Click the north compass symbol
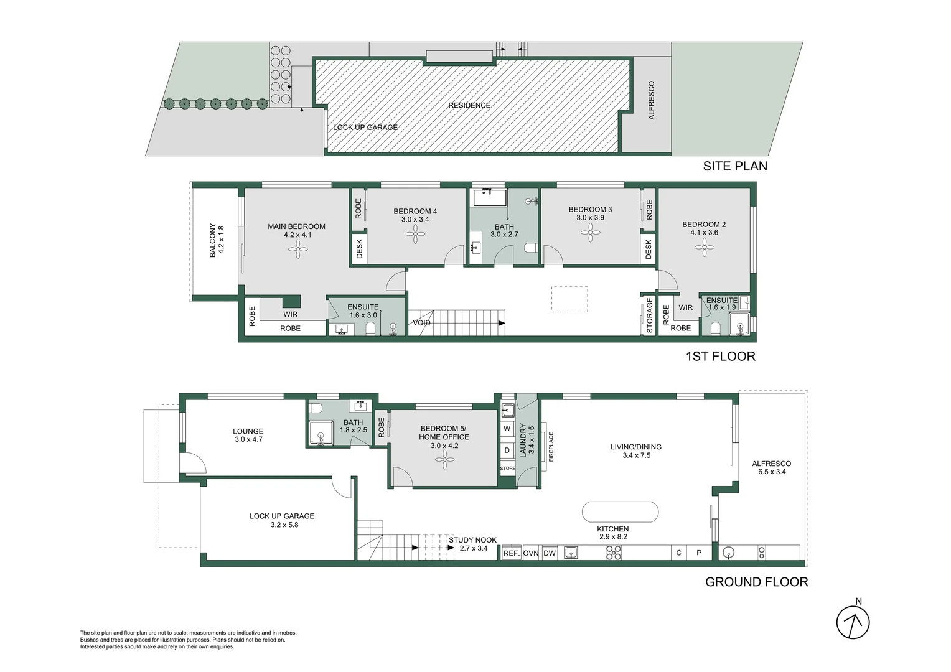(853, 622)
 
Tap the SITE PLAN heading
(735, 166)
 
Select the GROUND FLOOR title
(757, 582)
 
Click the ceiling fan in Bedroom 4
(415, 234)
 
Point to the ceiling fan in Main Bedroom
(298, 249)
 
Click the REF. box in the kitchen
(512, 553)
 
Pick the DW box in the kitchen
(550, 553)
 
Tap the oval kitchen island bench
(620, 512)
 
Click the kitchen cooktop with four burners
(614, 553)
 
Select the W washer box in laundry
(507, 428)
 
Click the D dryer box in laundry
(507, 450)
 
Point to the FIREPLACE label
(551, 447)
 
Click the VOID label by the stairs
(421, 323)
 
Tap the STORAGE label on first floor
(649, 315)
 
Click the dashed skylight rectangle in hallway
(569, 299)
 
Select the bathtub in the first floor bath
(490, 198)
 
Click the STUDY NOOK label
(472, 540)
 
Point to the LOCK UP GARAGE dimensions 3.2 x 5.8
(284, 525)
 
